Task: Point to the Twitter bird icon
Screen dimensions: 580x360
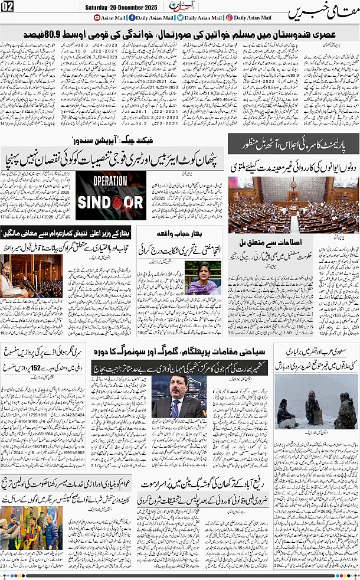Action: [x=179, y=18]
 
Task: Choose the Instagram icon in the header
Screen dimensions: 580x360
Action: [x=228, y=18]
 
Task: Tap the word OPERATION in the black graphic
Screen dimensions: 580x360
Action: [x=110, y=181]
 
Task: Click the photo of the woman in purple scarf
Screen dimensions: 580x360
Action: [x=203, y=278]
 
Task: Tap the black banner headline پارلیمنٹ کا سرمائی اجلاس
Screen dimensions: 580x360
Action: [x=293, y=142]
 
